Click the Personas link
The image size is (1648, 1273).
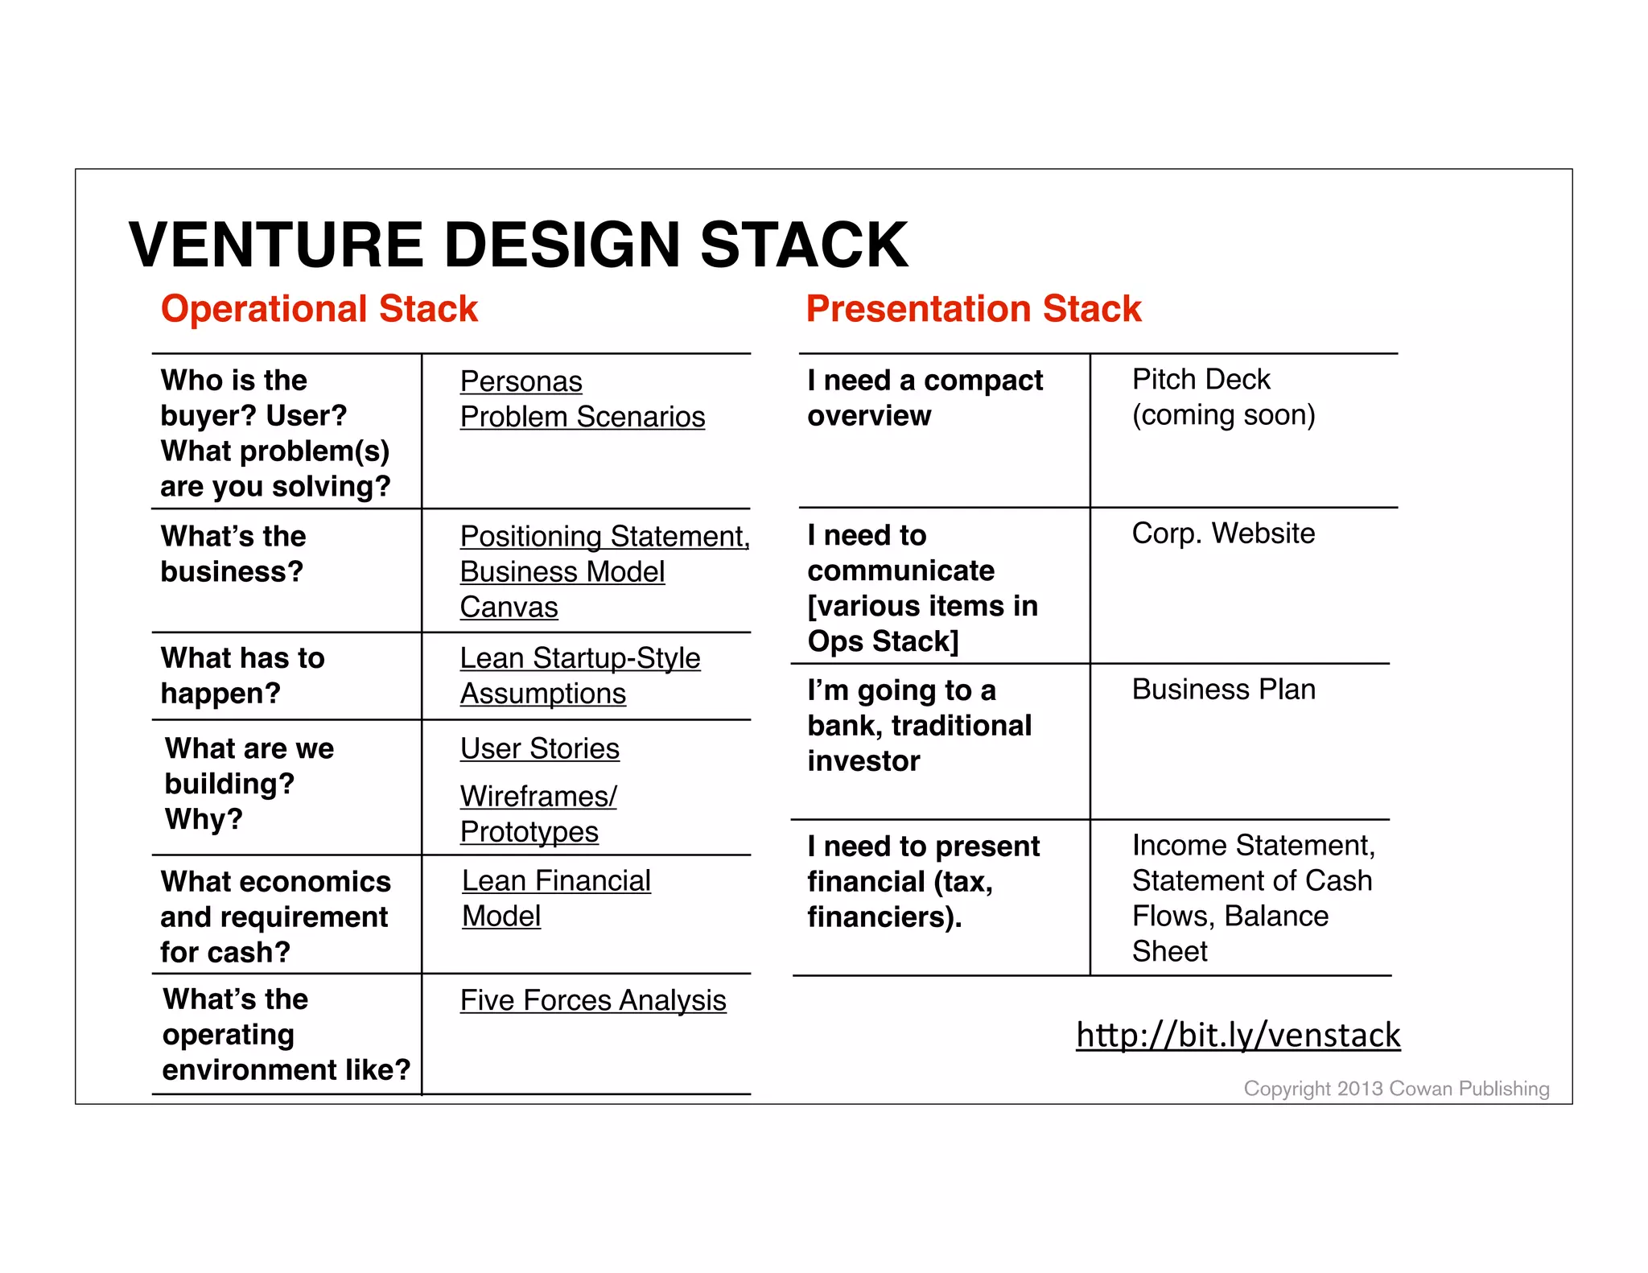pos(521,381)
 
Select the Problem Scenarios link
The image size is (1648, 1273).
pos(582,417)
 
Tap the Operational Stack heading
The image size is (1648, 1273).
pos(319,309)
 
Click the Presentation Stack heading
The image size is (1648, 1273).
pos(973,309)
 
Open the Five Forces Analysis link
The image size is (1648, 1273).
pos(592,1000)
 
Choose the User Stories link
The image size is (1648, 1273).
pos(539,748)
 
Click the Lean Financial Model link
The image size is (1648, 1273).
pos(555,898)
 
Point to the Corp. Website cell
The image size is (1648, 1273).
pos(1222,534)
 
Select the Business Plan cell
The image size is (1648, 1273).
pos(1223,690)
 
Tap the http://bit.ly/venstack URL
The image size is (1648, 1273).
pos(1238,1035)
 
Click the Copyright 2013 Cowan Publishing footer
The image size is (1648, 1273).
pos(1395,1089)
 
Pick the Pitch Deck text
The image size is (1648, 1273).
pos(1201,379)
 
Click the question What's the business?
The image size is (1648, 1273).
pos(233,554)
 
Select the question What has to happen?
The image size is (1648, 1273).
pos(242,675)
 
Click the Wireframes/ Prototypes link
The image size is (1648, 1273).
pos(538,814)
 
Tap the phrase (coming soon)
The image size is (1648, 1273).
pos(1223,415)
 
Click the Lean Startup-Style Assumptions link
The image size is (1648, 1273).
pos(579,675)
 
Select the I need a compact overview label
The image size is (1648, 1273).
pos(925,398)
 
